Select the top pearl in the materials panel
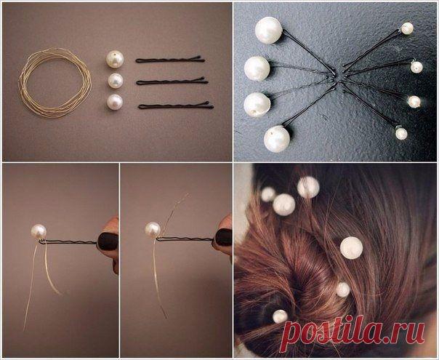pos(115,60)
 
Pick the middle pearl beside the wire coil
pos(116,81)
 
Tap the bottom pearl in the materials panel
pos(115,102)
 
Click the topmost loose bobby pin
pos(170,60)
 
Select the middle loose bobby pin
pos(172,81)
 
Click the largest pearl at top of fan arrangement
pos(268,31)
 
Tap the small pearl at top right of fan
pos(407,28)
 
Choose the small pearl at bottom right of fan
pos(401,134)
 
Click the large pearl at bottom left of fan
pos(277,139)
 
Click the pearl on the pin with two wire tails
pos(39,232)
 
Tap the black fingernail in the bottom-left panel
pos(108,241)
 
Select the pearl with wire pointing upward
pos(153,231)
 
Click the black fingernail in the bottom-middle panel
pos(223,237)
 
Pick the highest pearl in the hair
pos(308,187)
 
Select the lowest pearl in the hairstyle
pos(280,316)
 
